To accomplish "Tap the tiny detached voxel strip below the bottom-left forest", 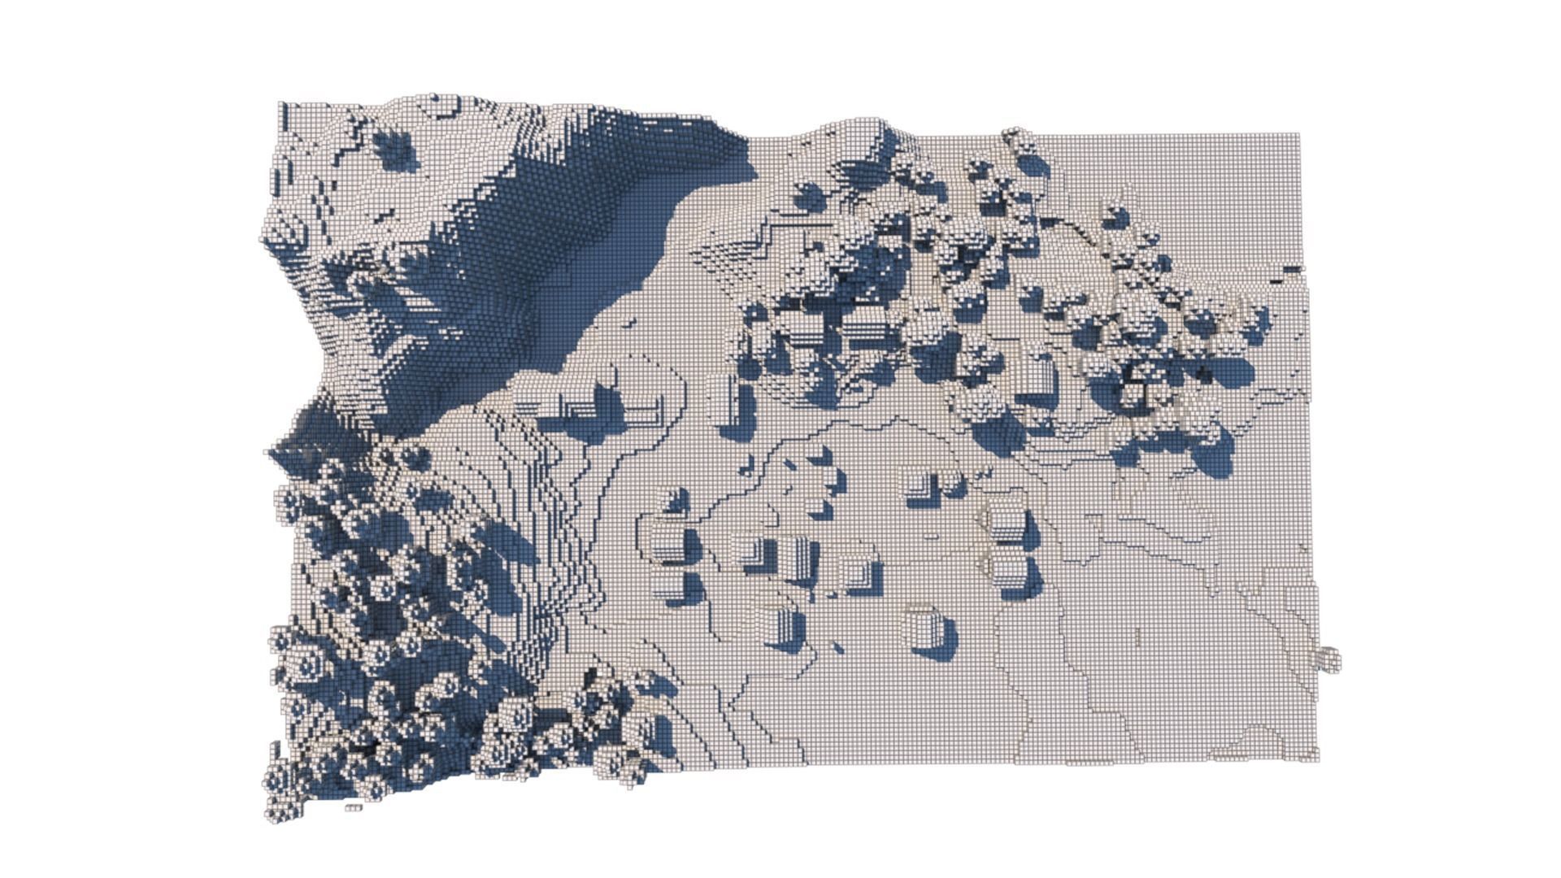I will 353,807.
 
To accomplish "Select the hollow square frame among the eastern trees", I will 1132,394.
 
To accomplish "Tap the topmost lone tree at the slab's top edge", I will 1015,140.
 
